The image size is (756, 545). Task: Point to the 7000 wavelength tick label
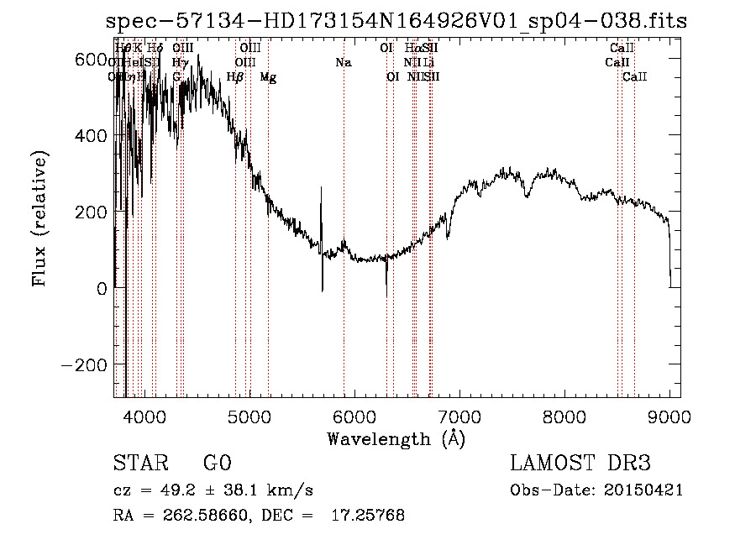click(459, 415)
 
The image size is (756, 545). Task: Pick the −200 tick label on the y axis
click(86, 365)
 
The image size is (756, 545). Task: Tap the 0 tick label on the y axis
click(102, 289)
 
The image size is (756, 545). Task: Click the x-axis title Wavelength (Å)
click(396, 438)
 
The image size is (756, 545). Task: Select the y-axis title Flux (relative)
click(39, 219)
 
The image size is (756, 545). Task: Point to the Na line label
click(343, 63)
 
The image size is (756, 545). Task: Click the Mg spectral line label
click(268, 77)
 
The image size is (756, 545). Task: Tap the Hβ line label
click(235, 77)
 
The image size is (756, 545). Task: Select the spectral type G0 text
click(218, 464)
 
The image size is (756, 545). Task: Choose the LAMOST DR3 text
click(580, 464)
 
